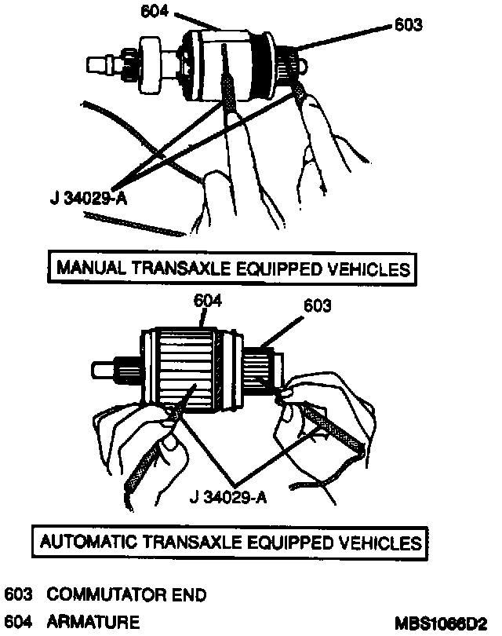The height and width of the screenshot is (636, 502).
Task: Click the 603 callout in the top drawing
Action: coord(408,24)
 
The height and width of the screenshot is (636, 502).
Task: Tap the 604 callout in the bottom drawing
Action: coord(207,301)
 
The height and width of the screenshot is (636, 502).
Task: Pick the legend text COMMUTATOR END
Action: coord(126,594)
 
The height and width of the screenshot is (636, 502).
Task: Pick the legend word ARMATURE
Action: coord(93,620)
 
